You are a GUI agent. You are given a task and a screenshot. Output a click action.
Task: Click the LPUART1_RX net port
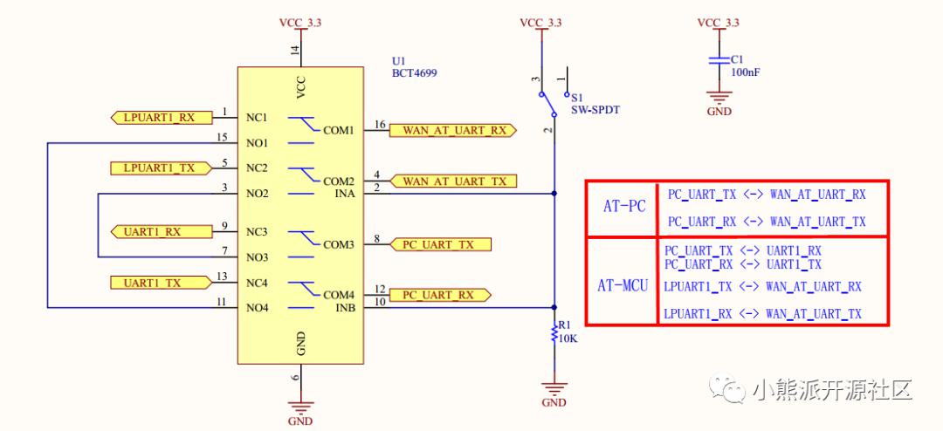(162, 118)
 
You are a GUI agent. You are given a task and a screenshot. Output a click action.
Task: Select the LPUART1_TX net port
(162, 168)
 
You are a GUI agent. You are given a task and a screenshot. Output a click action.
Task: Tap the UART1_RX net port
(162, 231)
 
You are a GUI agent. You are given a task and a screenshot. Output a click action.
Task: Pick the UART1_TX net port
(162, 283)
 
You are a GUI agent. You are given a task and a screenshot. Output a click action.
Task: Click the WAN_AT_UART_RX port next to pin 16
(453, 131)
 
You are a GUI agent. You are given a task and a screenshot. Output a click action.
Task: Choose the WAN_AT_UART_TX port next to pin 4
(453, 181)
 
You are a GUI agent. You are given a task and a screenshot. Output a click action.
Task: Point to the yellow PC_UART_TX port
(441, 244)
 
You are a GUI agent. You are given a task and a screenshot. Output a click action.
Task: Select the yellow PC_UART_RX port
(441, 295)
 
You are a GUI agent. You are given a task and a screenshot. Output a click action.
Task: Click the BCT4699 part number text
(415, 73)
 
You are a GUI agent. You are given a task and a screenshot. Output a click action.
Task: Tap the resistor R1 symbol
(554, 333)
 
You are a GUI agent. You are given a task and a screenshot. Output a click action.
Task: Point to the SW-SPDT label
(595, 109)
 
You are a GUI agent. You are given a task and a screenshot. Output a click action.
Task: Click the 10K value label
(568, 338)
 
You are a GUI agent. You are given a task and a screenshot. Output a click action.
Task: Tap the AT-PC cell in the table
(624, 207)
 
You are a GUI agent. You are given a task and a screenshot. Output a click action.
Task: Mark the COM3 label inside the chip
(339, 244)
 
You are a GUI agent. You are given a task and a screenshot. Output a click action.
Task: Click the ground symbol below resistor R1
(554, 387)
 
